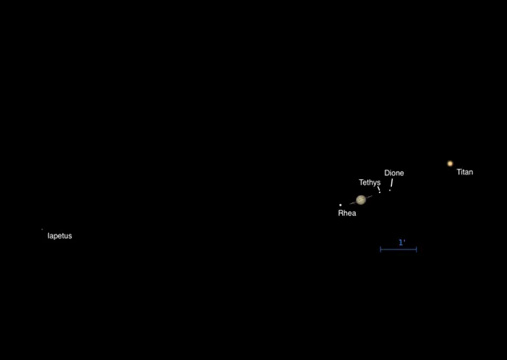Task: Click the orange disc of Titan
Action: [x=449, y=163]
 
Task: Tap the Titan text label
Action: [x=465, y=172]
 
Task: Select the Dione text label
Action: [x=393, y=173]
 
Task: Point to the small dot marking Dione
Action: [x=390, y=190]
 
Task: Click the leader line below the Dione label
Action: [x=392, y=182]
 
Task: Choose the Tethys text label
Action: [x=369, y=182]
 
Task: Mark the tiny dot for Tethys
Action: [x=380, y=193]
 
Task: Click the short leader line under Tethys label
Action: [x=378, y=188]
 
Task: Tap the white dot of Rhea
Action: [x=340, y=205]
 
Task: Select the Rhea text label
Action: [x=347, y=213]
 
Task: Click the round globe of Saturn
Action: [x=361, y=200]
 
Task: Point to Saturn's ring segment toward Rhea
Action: [x=353, y=203]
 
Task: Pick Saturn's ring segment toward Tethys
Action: [x=369, y=197]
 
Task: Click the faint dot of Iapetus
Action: [x=42, y=230]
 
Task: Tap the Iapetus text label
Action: [x=60, y=236]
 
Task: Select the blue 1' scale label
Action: [x=402, y=242]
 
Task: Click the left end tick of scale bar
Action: [x=381, y=250]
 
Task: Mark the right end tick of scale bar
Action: [x=416, y=250]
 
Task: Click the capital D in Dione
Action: [x=387, y=173]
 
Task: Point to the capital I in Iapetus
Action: [x=48, y=236]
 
